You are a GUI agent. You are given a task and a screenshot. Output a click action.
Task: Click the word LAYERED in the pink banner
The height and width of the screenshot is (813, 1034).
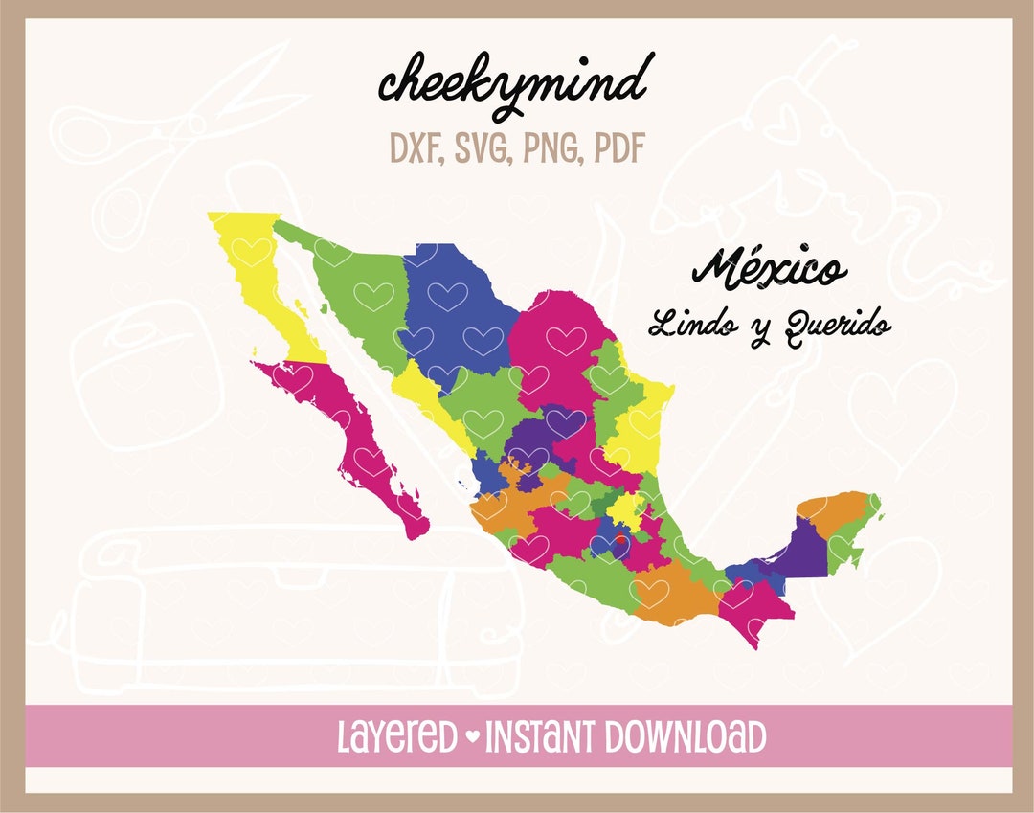[x=398, y=738]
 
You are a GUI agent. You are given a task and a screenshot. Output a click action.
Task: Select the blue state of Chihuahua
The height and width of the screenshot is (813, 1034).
[x=455, y=306]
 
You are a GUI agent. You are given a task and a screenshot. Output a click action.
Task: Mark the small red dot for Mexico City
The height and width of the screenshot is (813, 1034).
[x=619, y=541]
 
